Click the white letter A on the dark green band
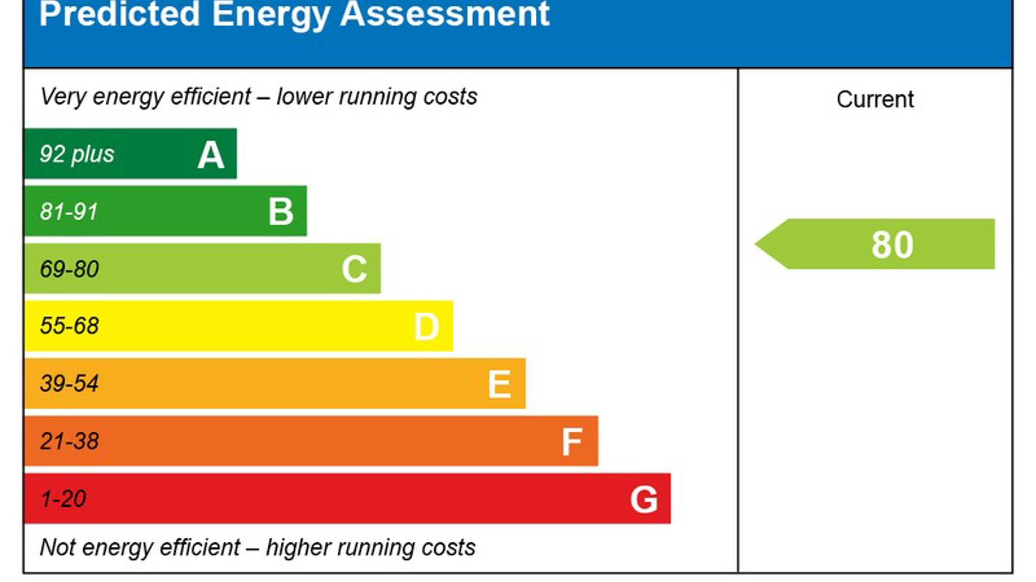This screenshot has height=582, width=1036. tap(211, 155)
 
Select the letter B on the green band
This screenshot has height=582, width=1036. tap(281, 212)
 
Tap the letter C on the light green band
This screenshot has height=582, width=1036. tap(354, 269)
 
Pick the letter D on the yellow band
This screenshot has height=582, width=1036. tap(426, 327)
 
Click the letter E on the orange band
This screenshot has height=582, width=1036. tap(499, 384)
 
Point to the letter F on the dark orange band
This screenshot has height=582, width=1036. tap(572, 442)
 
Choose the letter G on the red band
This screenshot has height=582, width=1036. tap(643, 499)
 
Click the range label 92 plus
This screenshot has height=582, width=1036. tap(77, 154)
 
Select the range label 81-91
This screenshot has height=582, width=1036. tap(68, 212)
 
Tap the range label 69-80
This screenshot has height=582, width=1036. tap(69, 269)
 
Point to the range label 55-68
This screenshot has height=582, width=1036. tap(69, 326)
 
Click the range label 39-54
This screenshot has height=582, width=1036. tap(69, 384)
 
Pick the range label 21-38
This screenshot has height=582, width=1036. tap(69, 441)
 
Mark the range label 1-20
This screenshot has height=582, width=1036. tap(63, 499)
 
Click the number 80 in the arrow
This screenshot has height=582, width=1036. tap(892, 244)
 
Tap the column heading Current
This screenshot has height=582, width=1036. tap(875, 99)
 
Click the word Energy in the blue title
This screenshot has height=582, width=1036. tap(271, 14)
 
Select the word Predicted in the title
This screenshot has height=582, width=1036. tap(119, 14)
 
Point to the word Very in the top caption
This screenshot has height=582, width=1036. tap(63, 97)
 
